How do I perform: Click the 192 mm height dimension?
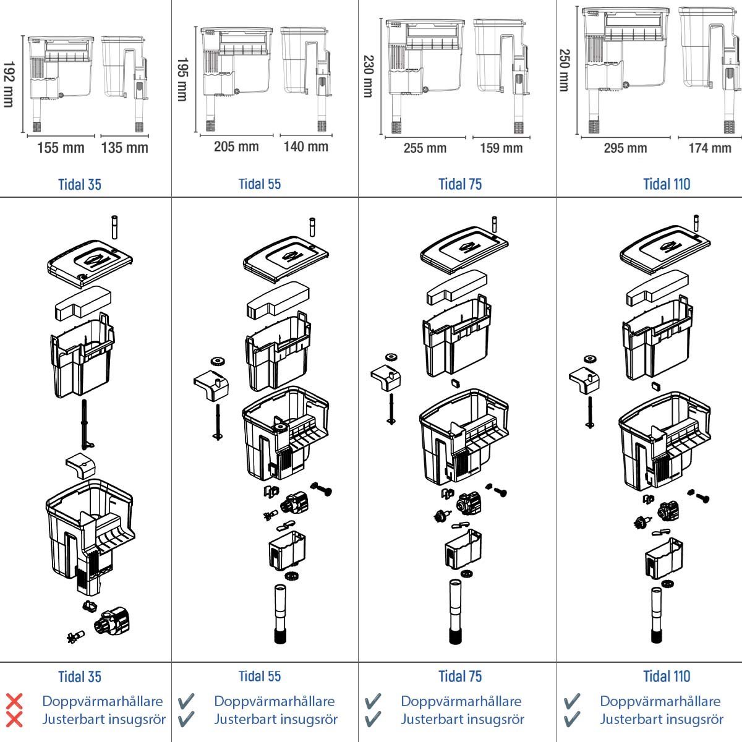(9, 83)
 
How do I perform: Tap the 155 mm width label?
(61, 148)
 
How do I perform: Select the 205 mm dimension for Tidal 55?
(236, 147)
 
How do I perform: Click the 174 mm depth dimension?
(710, 148)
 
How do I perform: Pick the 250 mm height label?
(564, 70)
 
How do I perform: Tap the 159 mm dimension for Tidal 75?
(501, 148)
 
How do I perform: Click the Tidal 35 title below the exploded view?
(80, 676)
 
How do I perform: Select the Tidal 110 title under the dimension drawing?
(667, 184)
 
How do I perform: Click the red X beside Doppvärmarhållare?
(14, 701)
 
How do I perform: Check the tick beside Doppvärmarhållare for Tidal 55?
(185, 701)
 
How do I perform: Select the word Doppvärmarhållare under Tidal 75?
(461, 701)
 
